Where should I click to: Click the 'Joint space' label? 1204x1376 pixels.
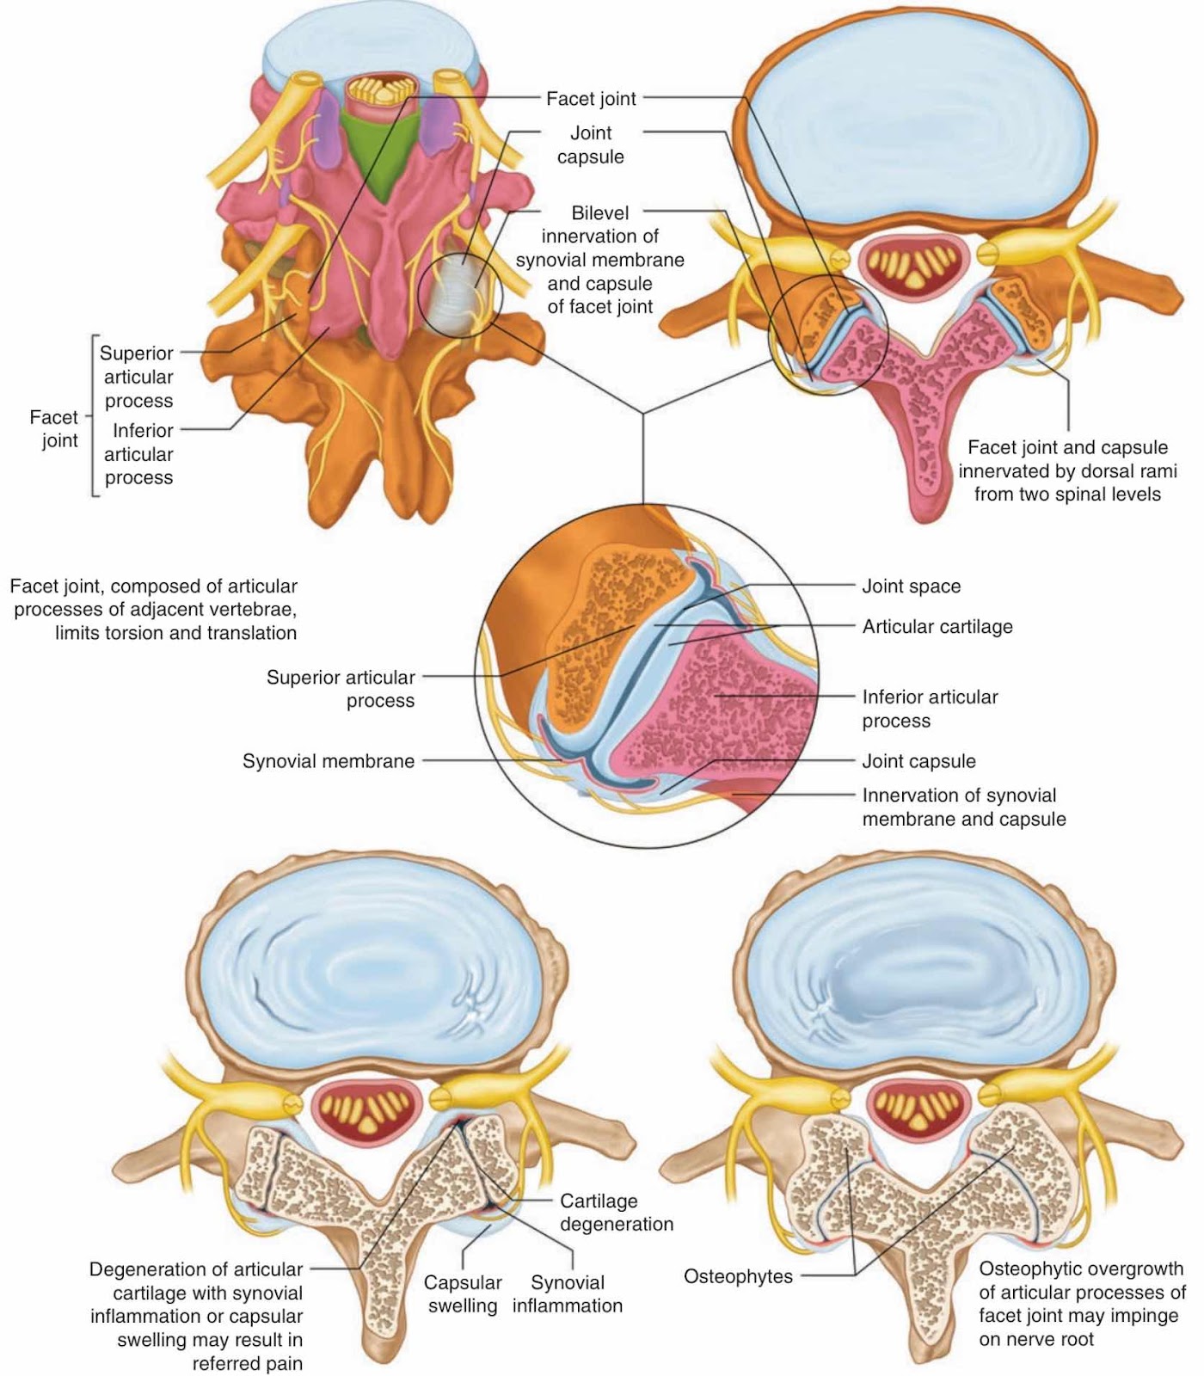[911, 587]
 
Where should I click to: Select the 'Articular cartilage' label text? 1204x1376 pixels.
[937, 627]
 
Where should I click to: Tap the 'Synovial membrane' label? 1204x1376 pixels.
[329, 761]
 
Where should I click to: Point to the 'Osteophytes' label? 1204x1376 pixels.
[738, 1276]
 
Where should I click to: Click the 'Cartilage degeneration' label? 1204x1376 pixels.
[617, 1213]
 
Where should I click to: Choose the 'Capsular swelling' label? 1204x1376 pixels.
[463, 1294]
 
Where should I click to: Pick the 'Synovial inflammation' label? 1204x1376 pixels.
[568, 1294]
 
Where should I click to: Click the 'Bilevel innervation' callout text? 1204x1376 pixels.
[600, 260]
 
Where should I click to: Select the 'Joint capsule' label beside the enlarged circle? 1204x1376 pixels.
[918, 761]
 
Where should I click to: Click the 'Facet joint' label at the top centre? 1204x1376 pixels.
[591, 99]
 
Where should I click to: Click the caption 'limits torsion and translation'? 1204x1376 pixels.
[175, 633]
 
